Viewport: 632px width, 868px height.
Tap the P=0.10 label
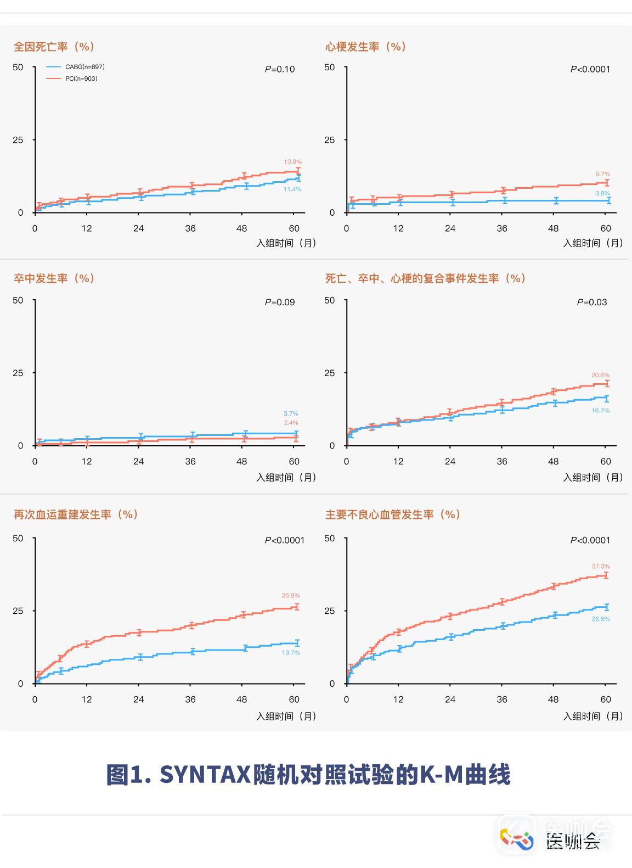(x=280, y=69)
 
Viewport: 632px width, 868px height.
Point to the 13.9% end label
(x=292, y=162)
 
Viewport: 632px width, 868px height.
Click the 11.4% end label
(x=292, y=189)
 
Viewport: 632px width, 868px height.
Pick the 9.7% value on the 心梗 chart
(x=602, y=174)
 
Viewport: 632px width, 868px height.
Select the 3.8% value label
(x=602, y=194)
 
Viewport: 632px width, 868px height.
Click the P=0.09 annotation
(x=280, y=302)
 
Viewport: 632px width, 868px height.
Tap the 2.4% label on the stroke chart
(x=291, y=423)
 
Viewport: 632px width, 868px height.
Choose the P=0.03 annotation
(x=591, y=302)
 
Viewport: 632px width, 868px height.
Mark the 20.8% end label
(x=600, y=376)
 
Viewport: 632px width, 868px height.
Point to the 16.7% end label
(x=600, y=411)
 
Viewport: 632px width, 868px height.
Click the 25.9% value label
(x=291, y=596)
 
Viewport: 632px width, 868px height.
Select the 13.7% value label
(x=291, y=653)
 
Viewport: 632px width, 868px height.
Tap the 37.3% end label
(x=601, y=567)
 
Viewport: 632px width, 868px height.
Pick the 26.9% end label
(x=601, y=619)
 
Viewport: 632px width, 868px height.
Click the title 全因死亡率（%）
(x=54, y=47)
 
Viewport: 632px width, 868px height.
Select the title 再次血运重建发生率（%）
(x=76, y=514)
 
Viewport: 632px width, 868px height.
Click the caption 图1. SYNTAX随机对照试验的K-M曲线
(x=308, y=775)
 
